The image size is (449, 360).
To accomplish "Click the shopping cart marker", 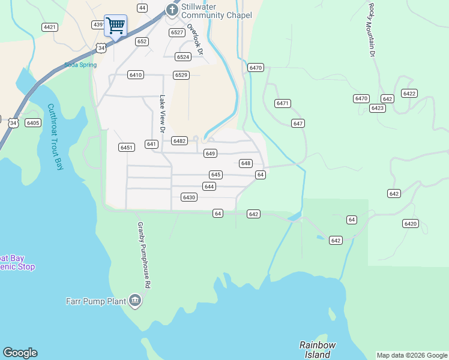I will click(x=115, y=26).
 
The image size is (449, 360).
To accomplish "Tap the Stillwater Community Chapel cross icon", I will click(x=172, y=10).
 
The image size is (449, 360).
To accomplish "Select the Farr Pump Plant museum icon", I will click(x=134, y=300).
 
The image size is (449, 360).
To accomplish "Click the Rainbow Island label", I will click(x=318, y=349).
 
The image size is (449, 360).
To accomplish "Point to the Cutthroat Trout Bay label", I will click(x=55, y=137).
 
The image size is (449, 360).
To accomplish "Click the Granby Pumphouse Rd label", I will click(x=143, y=255).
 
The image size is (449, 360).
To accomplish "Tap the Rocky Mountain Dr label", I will click(x=372, y=30).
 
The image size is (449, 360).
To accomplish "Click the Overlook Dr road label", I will click(x=196, y=39).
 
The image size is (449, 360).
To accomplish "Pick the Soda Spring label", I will click(x=80, y=65).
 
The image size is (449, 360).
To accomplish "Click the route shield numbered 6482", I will click(x=179, y=140).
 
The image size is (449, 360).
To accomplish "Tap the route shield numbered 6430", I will click(x=189, y=197).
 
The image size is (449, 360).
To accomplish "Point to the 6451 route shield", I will click(x=126, y=147).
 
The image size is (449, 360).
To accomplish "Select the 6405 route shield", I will click(x=33, y=123).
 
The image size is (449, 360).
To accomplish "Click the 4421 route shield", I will click(x=50, y=27).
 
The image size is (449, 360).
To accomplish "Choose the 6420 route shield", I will click(x=411, y=224).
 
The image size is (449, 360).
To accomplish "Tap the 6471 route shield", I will click(x=283, y=103).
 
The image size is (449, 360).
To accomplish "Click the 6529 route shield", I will click(x=181, y=75).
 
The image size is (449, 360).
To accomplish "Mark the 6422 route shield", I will click(x=409, y=93).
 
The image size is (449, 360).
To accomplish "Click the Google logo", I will click(x=20, y=353).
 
